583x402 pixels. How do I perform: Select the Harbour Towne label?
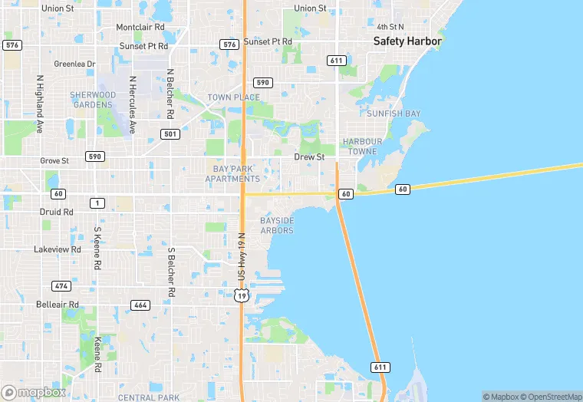tap(360, 147)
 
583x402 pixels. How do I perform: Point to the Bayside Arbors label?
tap(277, 226)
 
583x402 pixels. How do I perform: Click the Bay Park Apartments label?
tap(232, 173)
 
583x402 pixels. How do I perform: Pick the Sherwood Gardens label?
tap(93, 100)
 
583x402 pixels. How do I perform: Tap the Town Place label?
tap(233, 97)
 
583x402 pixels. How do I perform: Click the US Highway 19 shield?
tap(242, 295)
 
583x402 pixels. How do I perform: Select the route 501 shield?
tap(170, 134)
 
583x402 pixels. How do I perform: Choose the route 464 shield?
tap(140, 305)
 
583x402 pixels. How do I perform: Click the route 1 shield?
tap(97, 203)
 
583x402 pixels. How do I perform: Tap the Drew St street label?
tap(310, 157)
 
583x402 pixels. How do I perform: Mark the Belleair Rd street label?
tap(58, 305)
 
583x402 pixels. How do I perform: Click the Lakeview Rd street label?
tap(58, 249)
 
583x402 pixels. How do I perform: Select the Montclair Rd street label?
tap(140, 27)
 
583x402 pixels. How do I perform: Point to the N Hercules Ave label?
tap(133, 104)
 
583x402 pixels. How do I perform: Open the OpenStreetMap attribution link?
tap(551, 397)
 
